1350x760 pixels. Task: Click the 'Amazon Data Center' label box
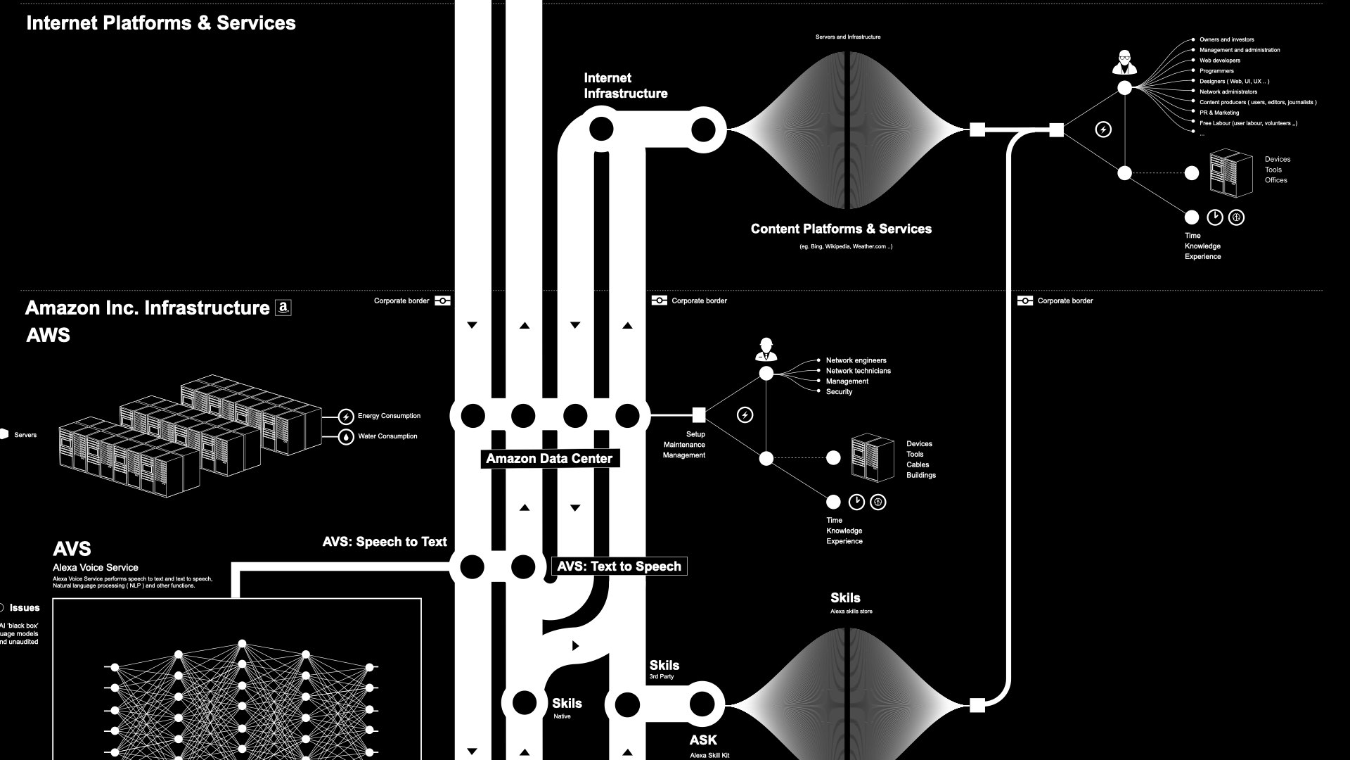(x=549, y=459)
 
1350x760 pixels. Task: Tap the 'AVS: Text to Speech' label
(x=619, y=566)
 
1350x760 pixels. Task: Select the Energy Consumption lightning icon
(x=346, y=417)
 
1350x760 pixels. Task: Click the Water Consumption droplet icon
(x=346, y=437)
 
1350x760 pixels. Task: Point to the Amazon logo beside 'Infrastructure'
(x=283, y=308)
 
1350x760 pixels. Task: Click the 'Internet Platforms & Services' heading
(x=161, y=23)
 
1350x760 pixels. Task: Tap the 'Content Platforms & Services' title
(x=841, y=229)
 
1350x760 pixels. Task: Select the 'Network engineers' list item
(x=856, y=360)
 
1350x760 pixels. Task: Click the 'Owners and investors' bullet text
(x=1226, y=39)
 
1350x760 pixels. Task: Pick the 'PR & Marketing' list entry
(x=1219, y=113)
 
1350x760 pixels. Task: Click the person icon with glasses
(x=1125, y=62)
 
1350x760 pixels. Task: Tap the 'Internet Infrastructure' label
(x=625, y=86)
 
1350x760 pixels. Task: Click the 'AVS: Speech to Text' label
(x=385, y=542)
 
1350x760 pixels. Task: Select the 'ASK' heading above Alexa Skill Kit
(x=703, y=740)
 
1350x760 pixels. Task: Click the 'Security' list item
(x=839, y=392)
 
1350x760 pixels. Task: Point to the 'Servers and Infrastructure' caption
(x=847, y=37)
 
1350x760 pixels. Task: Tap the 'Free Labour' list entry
(x=1248, y=123)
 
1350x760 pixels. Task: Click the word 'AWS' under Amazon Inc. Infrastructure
(x=48, y=336)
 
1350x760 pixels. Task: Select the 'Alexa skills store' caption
(x=851, y=612)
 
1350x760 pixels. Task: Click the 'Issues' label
(x=25, y=608)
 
